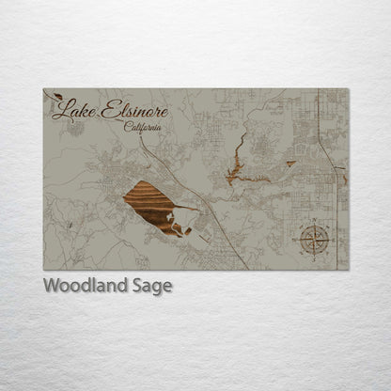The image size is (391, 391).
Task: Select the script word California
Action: (x=142, y=127)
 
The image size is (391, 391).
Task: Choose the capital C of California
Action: (x=127, y=126)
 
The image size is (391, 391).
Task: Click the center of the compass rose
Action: (x=314, y=241)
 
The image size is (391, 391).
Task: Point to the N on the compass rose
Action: (x=314, y=225)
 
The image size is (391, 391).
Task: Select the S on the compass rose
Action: (x=314, y=257)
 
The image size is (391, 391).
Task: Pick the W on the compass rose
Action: (x=298, y=241)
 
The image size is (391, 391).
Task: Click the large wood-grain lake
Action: (x=153, y=206)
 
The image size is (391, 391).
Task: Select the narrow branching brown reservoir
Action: (x=239, y=165)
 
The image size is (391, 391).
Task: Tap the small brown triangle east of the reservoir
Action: (x=290, y=164)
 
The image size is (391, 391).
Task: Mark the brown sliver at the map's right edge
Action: (x=345, y=177)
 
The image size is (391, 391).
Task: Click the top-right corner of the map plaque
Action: (x=348, y=89)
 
